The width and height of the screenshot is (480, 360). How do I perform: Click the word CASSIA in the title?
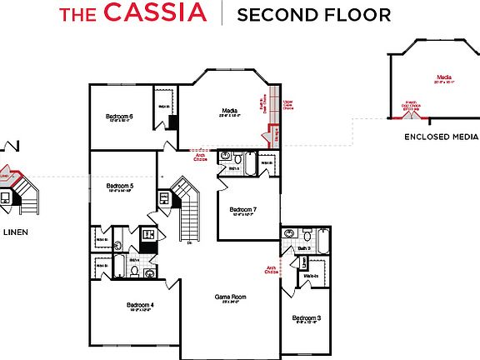pyautogui.click(x=155, y=13)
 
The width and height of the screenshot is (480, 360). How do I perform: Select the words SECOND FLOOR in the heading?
pyautogui.click(x=314, y=14)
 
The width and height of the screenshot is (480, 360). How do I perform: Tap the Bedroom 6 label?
pyautogui.click(x=119, y=117)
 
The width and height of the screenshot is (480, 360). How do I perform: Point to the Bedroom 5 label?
pyautogui.click(x=120, y=186)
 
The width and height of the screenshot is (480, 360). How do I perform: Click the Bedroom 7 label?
pyautogui.click(x=242, y=209)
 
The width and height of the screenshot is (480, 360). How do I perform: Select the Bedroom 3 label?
pyautogui.click(x=306, y=318)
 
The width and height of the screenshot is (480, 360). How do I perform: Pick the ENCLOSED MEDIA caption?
pyautogui.click(x=441, y=137)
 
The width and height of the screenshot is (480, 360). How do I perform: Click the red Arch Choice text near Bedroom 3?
pyautogui.click(x=271, y=270)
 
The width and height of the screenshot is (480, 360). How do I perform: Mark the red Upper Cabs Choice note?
pyautogui.click(x=288, y=104)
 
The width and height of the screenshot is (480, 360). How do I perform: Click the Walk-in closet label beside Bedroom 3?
pyautogui.click(x=310, y=275)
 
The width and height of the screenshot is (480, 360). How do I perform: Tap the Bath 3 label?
pyautogui.click(x=304, y=249)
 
